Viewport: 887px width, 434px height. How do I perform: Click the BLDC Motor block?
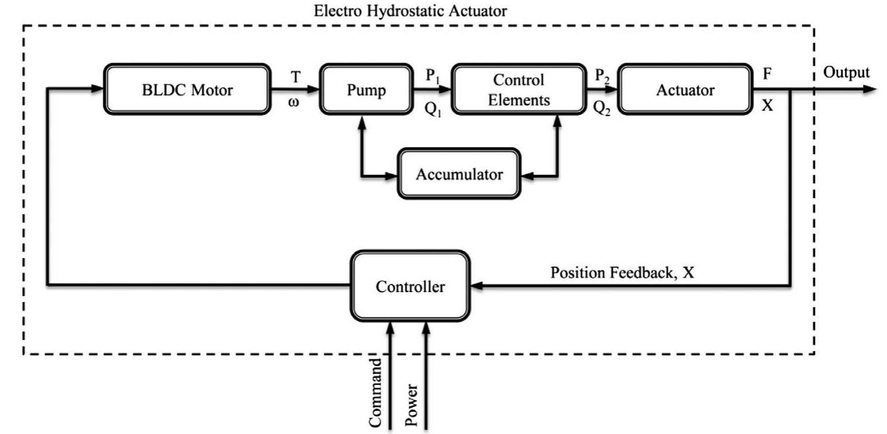pyautogui.click(x=187, y=90)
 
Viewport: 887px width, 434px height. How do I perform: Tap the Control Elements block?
pyautogui.click(x=518, y=90)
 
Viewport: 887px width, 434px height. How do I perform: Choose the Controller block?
pyautogui.click(x=410, y=286)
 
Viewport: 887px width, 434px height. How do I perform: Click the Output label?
pyautogui.click(x=846, y=72)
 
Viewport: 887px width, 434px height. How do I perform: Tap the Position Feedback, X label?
pyautogui.click(x=621, y=272)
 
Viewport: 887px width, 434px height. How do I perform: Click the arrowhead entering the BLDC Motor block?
pyautogui.click(x=97, y=89)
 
